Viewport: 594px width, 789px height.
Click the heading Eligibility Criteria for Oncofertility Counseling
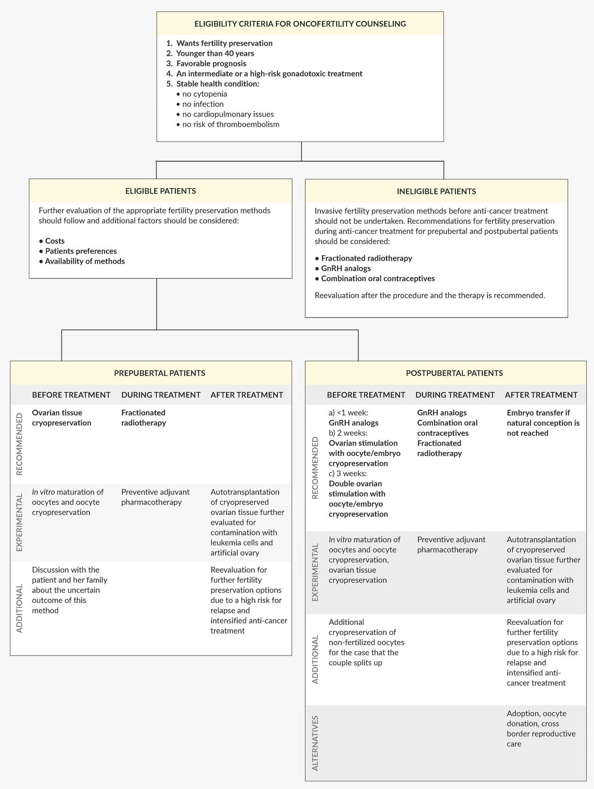coord(300,24)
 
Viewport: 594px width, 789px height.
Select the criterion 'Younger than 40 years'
coord(215,53)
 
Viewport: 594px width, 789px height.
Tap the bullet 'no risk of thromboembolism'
coord(231,124)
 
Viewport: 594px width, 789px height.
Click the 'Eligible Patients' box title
coord(160,191)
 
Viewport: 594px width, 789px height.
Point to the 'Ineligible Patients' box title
coord(436,192)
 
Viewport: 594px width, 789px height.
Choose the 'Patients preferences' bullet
coord(81,251)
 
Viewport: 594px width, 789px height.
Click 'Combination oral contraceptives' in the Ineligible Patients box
coord(378,278)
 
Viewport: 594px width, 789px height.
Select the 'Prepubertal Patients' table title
coord(160,373)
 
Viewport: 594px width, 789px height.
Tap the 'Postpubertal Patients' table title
coord(454,373)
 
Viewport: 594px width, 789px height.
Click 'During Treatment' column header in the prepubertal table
coord(161,395)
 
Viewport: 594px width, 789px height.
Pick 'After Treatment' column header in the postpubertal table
coord(541,395)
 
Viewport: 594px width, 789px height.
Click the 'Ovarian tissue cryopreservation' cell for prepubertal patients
coord(62,418)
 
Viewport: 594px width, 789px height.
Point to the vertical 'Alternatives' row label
coord(315,743)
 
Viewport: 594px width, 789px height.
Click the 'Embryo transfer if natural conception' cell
coord(543,423)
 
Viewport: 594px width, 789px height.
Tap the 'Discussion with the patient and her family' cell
coord(70,590)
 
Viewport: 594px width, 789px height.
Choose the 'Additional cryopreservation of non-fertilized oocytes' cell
coord(366,642)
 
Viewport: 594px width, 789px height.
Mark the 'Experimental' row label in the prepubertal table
coord(20,523)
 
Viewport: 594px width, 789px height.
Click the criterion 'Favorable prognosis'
coord(211,63)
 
